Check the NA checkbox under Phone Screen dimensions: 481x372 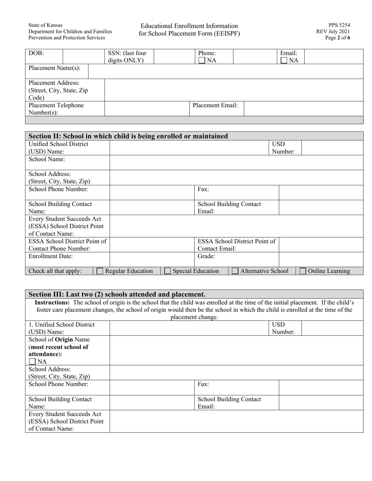pyautogui.click(x=202, y=61)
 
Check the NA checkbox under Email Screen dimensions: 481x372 pyautogui.click(x=284, y=61)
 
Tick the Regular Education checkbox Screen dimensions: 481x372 pyautogui.click(x=100, y=271)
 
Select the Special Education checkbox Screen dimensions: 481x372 pyautogui.click(x=168, y=271)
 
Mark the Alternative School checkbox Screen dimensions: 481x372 pyautogui.click(x=235, y=271)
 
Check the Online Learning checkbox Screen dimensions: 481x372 pyautogui.click(x=303, y=271)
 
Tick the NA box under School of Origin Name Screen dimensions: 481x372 pyautogui.click(x=32, y=362)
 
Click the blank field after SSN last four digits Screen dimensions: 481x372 pyautogui.click(x=174, y=57)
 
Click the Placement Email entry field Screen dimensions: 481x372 pyautogui.click(x=303, y=109)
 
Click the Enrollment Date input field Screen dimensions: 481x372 pyautogui.click(x=152, y=259)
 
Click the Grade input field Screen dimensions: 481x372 pyautogui.click(x=321, y=259)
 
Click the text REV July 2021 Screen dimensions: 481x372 pyautogui.click(x=333, y=32)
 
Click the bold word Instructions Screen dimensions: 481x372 pyautogui.click(x=52, y=302)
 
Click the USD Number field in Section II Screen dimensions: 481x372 pyautogui.click(x=332, y=148)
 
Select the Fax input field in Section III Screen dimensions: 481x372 pyautogui.click(x=321, y=388)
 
